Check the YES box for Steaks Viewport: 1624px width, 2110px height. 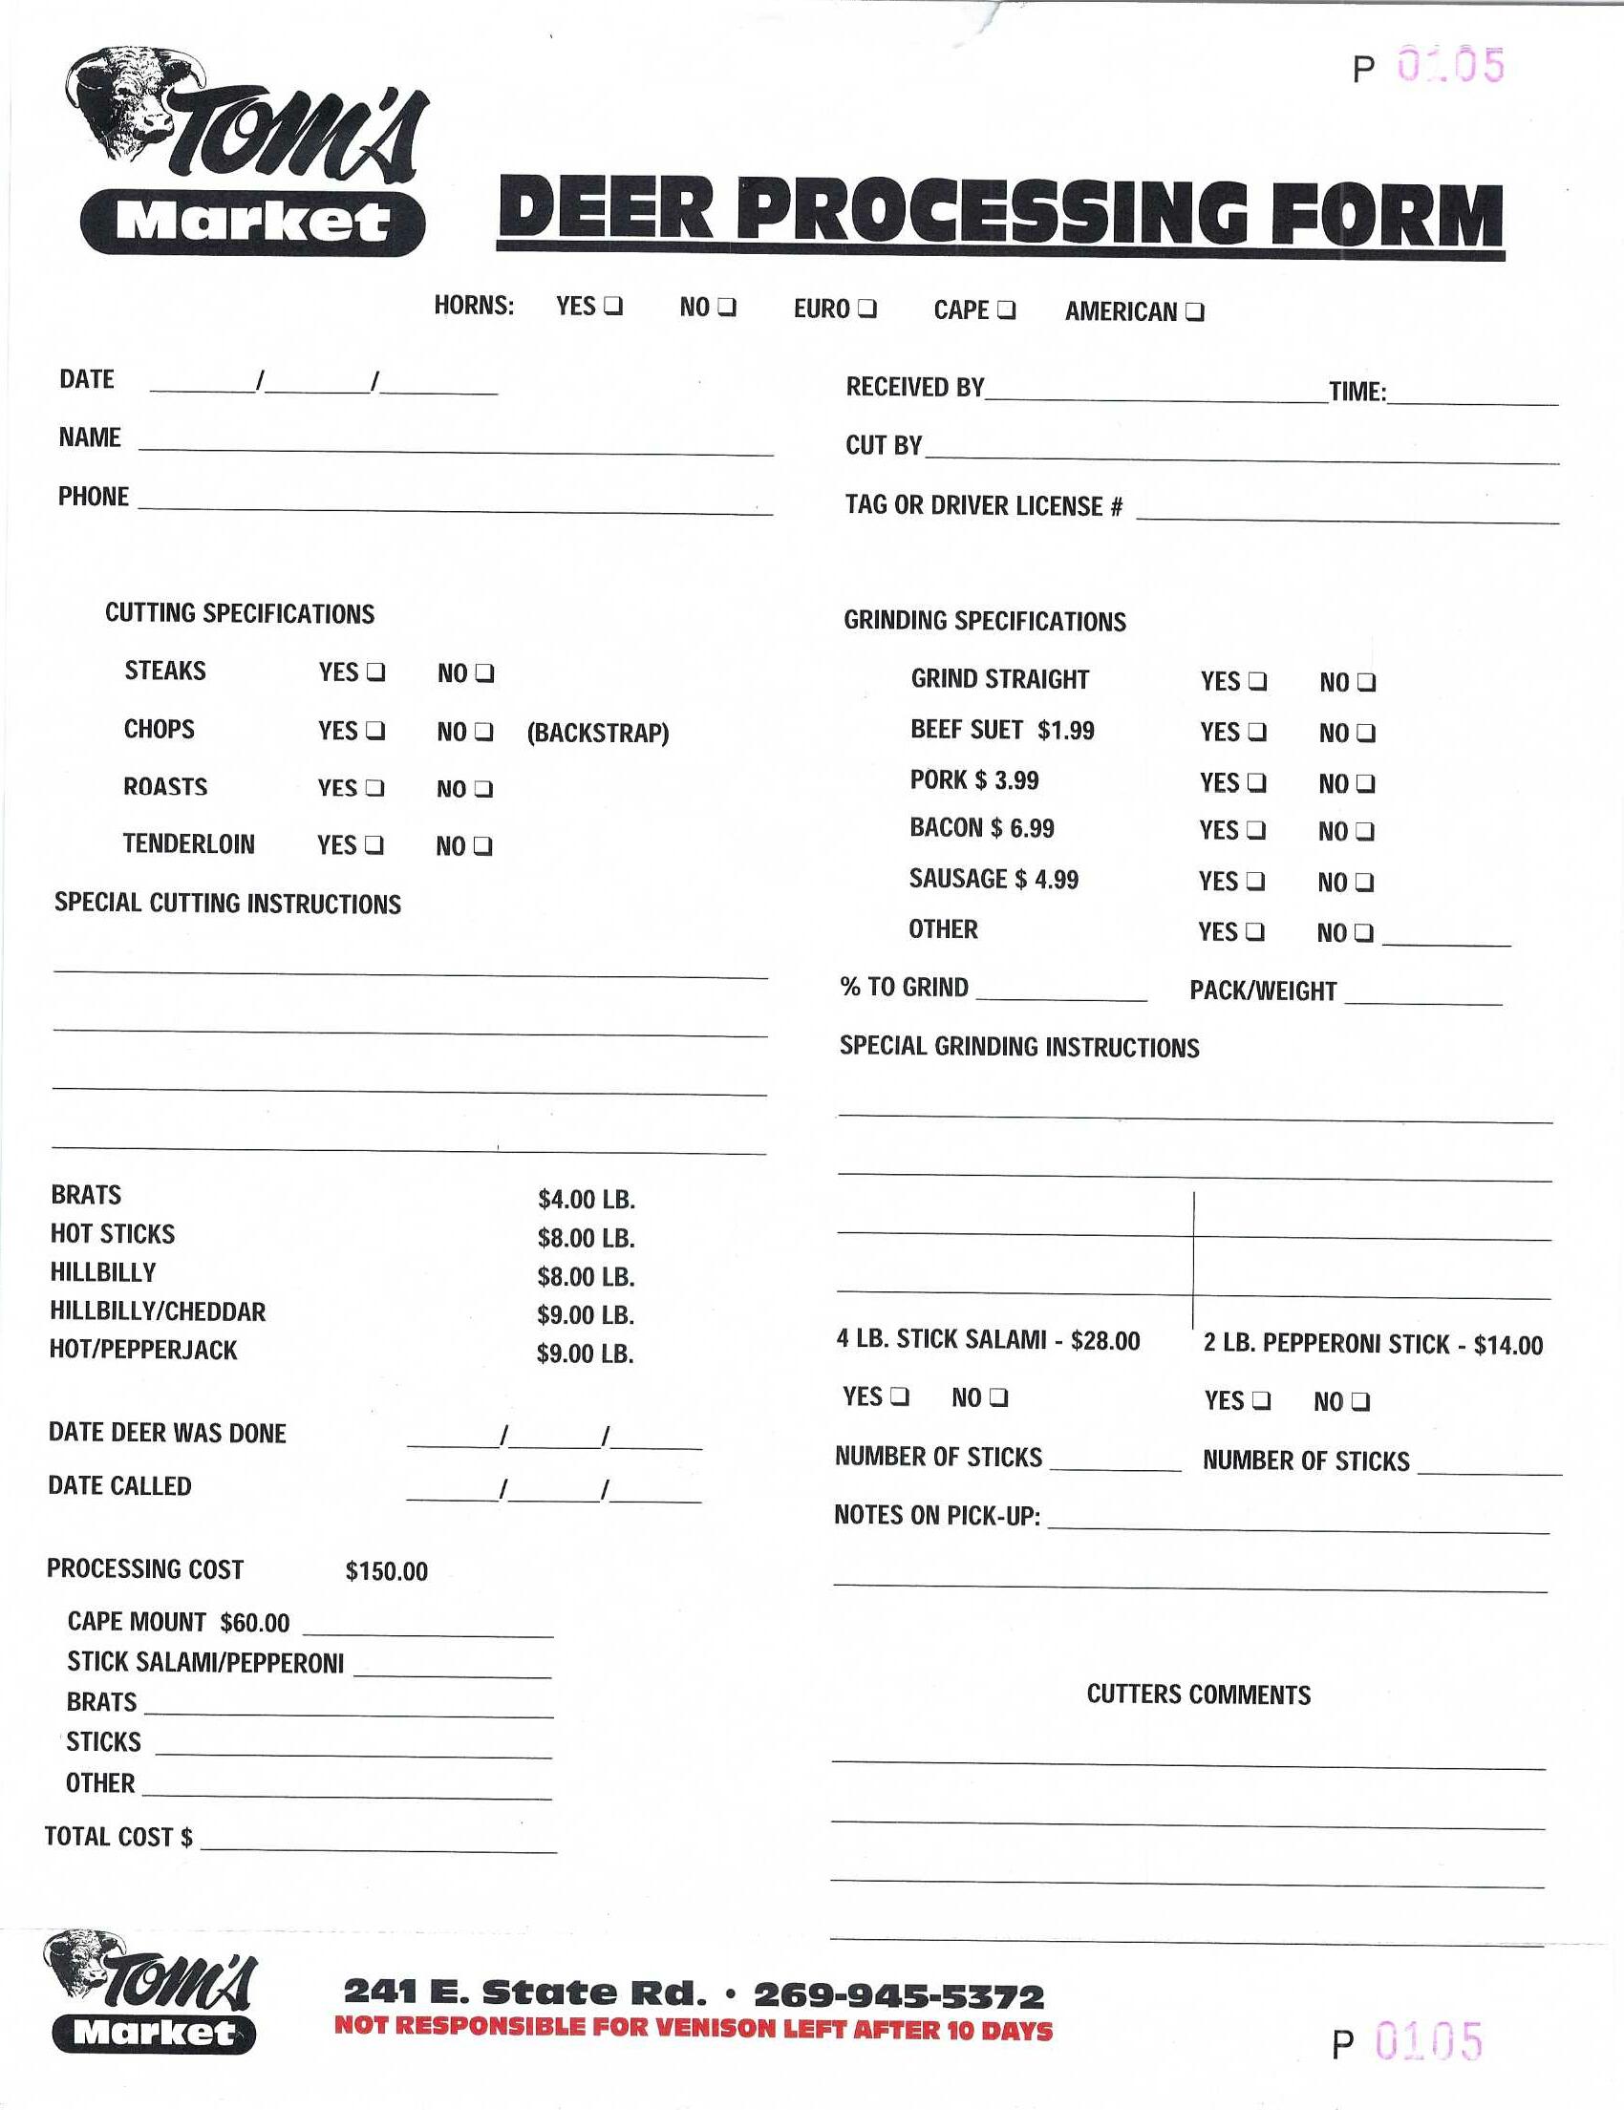(x=375, y=671)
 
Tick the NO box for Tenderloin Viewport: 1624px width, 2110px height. (x=483, y=846)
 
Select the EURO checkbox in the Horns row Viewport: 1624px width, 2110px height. (x=866, y=309)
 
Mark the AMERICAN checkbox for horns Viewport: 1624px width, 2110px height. (x=1194, y=312)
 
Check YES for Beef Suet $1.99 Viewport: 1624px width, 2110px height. (x=1257, y=732)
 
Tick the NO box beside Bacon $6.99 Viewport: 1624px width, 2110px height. (x=1364, y=831)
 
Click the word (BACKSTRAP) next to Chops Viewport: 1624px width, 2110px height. (x=597, y=733)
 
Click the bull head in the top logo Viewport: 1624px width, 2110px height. (x=125, y=101)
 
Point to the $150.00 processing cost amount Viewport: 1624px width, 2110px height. (x=387, y=1571)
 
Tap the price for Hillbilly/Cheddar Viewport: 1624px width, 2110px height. (x=586, y=1315)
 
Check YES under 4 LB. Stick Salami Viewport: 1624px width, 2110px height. (x=900, y=1396)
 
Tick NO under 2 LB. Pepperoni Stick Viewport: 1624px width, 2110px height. (x=1360, y=1401)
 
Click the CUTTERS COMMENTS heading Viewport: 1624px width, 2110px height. (x=1198, y=1694)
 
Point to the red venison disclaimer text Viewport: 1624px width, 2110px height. (x=693, y=2028)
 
